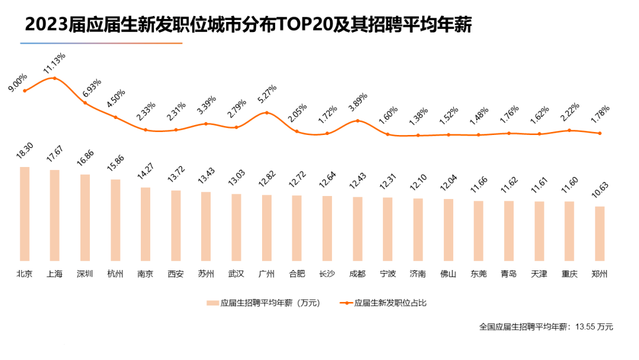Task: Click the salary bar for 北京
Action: point(24,214)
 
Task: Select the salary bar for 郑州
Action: point(600,233)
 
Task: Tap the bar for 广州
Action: point(267,227)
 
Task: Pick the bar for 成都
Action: point(357,229)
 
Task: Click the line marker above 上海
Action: point(54,78)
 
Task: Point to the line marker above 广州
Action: point(267,112)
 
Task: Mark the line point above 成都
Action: point(357,121)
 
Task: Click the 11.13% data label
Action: point(54,64)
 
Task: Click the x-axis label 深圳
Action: point(85,274)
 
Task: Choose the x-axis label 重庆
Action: point(569,274)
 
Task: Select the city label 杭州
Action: point(115,274)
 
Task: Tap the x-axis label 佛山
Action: point(448,274)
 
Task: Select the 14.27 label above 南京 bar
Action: point(144,174)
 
